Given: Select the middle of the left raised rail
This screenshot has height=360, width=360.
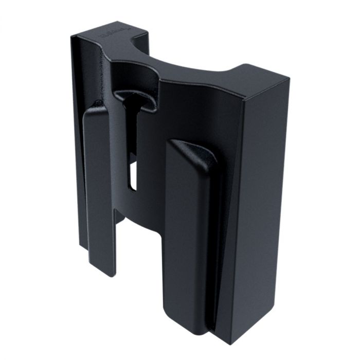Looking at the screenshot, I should click(100, 190).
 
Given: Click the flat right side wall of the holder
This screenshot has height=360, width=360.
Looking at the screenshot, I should click(260, 216).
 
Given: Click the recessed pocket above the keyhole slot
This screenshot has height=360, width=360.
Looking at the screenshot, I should click(129, 77).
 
